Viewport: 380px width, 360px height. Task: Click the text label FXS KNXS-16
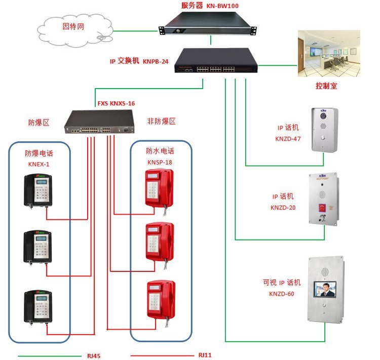(116, 104)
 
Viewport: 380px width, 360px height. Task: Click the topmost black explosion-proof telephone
(39, 190)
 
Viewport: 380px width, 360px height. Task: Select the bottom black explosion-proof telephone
(39, 307)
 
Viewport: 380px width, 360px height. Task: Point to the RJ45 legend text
(94, 355)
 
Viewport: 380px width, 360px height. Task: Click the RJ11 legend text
(205, 355)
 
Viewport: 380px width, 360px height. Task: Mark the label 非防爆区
(161, 122)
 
